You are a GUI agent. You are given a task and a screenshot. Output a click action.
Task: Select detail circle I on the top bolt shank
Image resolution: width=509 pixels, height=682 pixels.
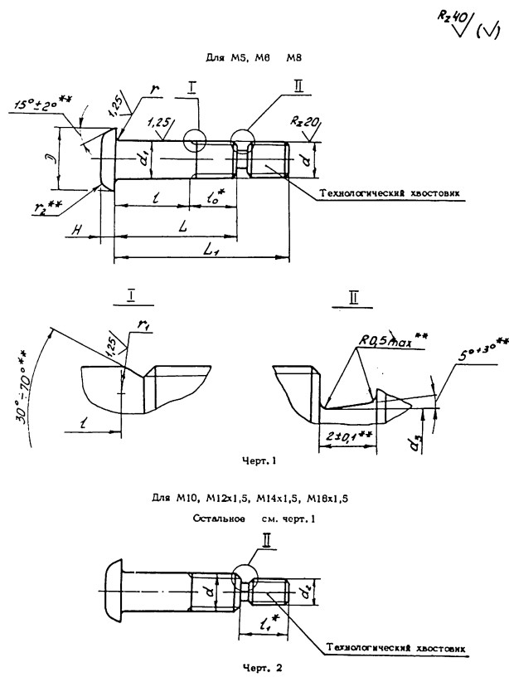196,141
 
